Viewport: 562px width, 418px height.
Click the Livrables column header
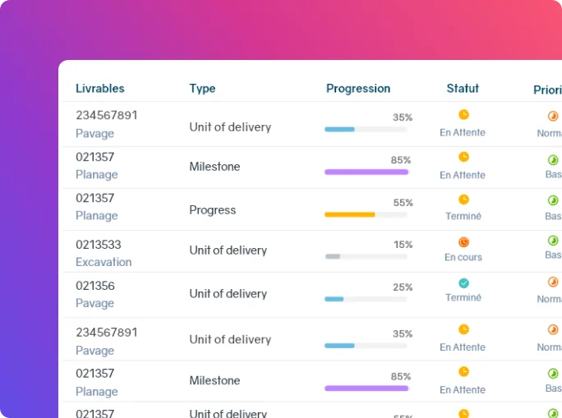pyautogui.click(x=99, y=89)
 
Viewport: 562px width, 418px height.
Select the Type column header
pyautogui.click(x=202, y=89)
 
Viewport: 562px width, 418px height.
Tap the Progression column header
pyautogui.click(x=358, y=89)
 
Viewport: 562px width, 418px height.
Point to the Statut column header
pyautogui.click(x=463, y=89)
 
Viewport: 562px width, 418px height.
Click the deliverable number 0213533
pyautogui.click(x=98, y=245)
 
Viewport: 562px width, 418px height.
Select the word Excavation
pyautogui.click(x=104, y=262)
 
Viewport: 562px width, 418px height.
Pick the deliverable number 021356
pyautogui.click(x=95, y=286)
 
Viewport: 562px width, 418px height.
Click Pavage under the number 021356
pyautogui.click(x=94, y=303)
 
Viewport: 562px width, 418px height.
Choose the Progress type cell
pyautogui.click(x=212, y=210)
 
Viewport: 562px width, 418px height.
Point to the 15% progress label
pyautogui.click(x=403, y=245)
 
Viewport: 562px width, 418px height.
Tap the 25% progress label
pyautogui.click(x=403, y=287)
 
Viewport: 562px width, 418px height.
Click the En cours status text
pyautogui.click(x=463, y=257)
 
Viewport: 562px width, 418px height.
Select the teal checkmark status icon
pyautogui.click(x=463, y=282)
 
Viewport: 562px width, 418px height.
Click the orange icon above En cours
pyautogui.click(x=463, y=242)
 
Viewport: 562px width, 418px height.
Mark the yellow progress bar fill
pyautogui.click(x=349, y=214)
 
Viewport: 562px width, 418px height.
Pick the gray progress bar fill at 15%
pyautogui.click(x=332, y=256)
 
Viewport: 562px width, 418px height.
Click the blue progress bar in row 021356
pyautogui.click(x=334, y=299)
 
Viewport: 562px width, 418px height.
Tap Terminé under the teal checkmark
pyautogui.click(x=463, y=297)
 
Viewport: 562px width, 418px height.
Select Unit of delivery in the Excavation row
pyautogui.click(x=228, y=250)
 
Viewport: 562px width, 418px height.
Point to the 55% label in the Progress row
pyautogui.click(x=403, y=203)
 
